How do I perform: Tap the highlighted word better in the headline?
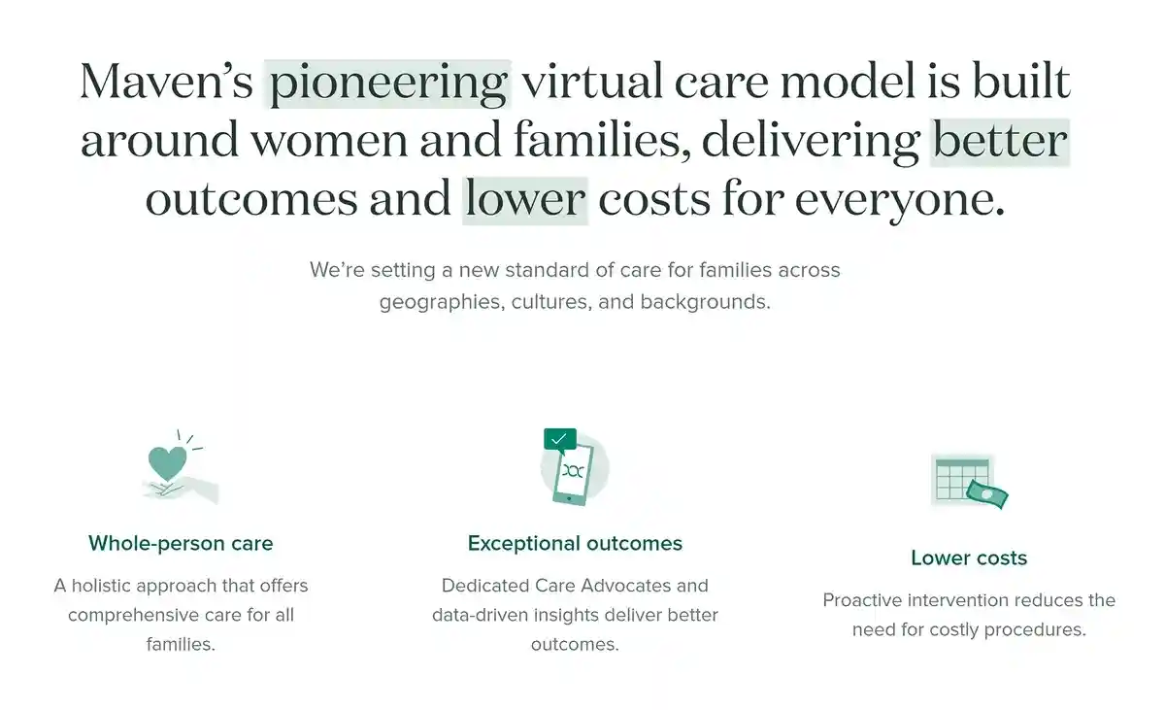[x=1000, y=141]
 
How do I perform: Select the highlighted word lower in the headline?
[x=525, y=199]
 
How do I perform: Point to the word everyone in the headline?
[x=899, y=199]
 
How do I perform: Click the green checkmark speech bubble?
[x=559, y=440]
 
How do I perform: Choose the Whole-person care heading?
[x=181, y=543]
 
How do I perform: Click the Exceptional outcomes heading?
[x=575, y=543]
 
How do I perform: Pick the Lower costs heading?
[x=969, y=558]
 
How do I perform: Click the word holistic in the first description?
[x=109, y=586]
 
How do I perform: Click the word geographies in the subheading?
[x=436, y=301]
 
